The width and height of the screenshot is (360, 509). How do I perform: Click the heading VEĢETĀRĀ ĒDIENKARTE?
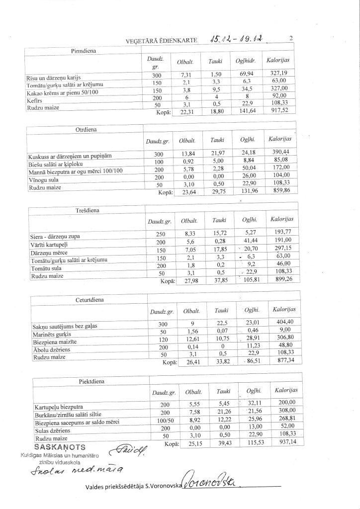[162, 41]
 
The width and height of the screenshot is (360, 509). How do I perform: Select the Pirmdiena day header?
[84, 51]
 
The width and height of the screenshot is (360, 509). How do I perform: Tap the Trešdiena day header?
[87, 210]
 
